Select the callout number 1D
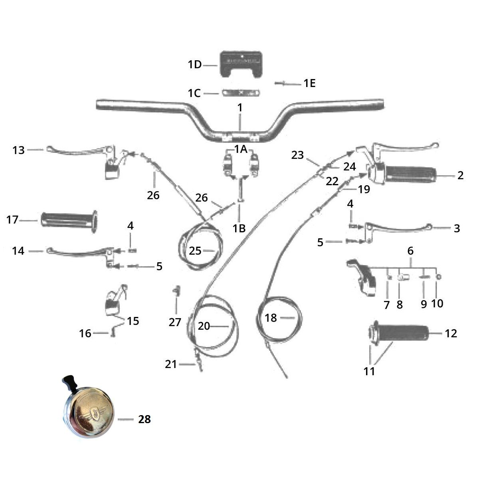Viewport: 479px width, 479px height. (195, 64)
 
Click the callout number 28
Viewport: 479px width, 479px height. (144, 419)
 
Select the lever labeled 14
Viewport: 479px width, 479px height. (80, 251)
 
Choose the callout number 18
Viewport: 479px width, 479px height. (271, 318)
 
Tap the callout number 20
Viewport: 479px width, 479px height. (204, 326)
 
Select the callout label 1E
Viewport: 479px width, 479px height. (309, 83)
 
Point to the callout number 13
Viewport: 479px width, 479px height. (18, 150)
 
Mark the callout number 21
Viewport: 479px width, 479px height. (171, 364)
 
